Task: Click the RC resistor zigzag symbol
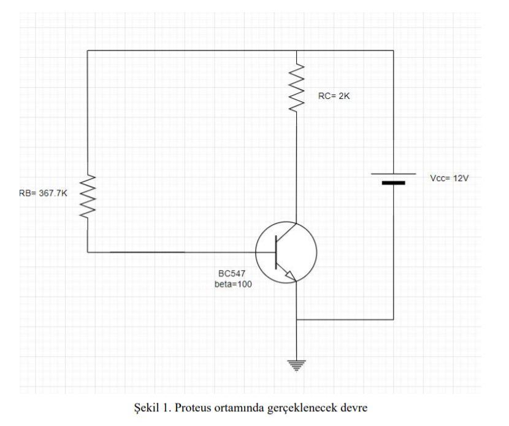tap(296, 88)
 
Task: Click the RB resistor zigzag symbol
tap(88, 195)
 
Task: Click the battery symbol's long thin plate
tap(393, 174)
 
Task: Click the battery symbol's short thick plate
tap(393, 183)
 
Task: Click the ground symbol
tap(296, 365)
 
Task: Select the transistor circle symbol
tap(286, 252)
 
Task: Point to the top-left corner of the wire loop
tap(88, 50)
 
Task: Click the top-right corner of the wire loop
tap(393, 50)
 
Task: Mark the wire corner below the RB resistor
tap(88, 252)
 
